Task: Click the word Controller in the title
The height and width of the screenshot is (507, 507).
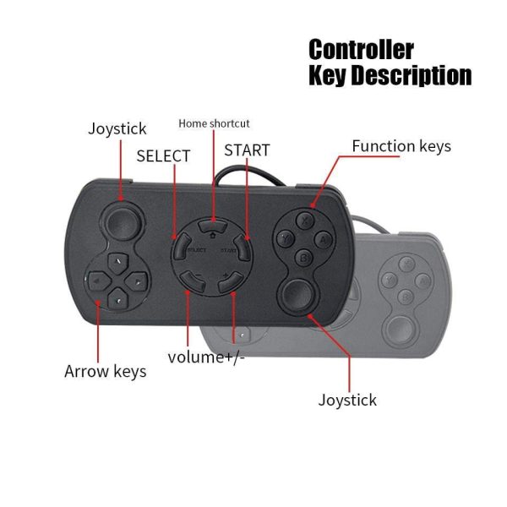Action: [x=361, y=49]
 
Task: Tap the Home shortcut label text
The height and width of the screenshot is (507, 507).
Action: [x=214, y=123]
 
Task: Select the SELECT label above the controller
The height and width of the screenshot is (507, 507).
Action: [x=163, y=155]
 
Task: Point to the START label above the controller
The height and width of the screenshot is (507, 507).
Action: [x=247, y=150]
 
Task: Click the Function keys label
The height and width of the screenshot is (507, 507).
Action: [x=401, y=146]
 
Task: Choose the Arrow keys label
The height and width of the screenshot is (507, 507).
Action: [x=106, y=371]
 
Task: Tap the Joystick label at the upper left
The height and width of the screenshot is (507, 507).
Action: [x=117, y=128]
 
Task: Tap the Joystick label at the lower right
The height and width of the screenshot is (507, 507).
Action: [x=347, y=400]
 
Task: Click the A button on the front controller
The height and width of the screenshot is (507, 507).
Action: [x=324, y=239]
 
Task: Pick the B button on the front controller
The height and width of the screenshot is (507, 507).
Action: [x=305, y=257]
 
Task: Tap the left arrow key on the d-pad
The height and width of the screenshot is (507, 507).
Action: [x=97, y=278]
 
